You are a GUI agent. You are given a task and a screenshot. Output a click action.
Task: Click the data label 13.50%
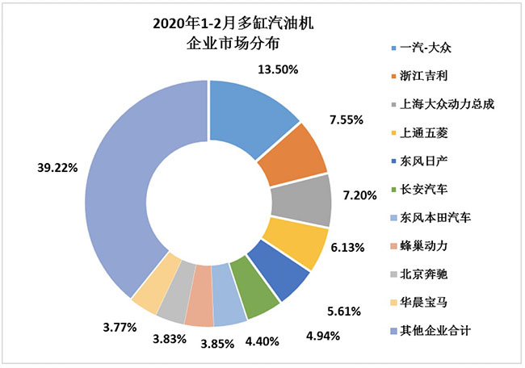(x=276, y=70)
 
